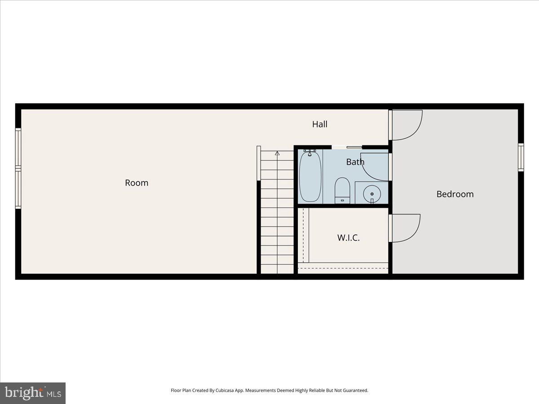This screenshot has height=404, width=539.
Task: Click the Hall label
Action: point(320,124)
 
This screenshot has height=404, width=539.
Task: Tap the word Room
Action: point(137,183)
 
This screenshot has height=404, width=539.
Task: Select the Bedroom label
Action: point(455,194)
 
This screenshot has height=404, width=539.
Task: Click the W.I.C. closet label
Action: point(349,237)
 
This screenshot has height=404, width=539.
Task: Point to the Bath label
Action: point(355,162)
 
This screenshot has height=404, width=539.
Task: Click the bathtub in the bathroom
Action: point(310,176)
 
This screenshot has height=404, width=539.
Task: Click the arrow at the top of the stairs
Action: point(277,154)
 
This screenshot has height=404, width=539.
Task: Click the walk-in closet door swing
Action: point(406,228)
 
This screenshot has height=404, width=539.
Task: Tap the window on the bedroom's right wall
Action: point(521,157)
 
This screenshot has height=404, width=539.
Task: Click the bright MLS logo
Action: point(33,393)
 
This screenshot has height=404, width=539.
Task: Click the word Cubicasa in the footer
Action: point(219,391)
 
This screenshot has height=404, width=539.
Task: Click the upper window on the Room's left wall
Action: point(18,147)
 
